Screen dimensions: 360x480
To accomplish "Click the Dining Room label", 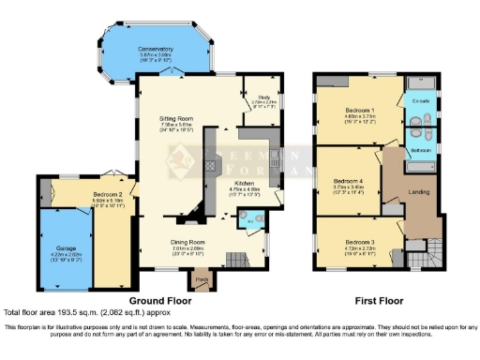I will pos(188,242).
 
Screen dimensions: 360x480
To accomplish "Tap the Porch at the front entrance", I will pos(201,277).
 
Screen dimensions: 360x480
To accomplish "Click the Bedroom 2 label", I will pos(109,194).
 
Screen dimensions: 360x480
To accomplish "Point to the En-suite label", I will pos(421,100).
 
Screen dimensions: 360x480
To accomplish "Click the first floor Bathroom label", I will pos(420,150).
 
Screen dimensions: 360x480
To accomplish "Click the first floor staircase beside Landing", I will pos(433,251).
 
